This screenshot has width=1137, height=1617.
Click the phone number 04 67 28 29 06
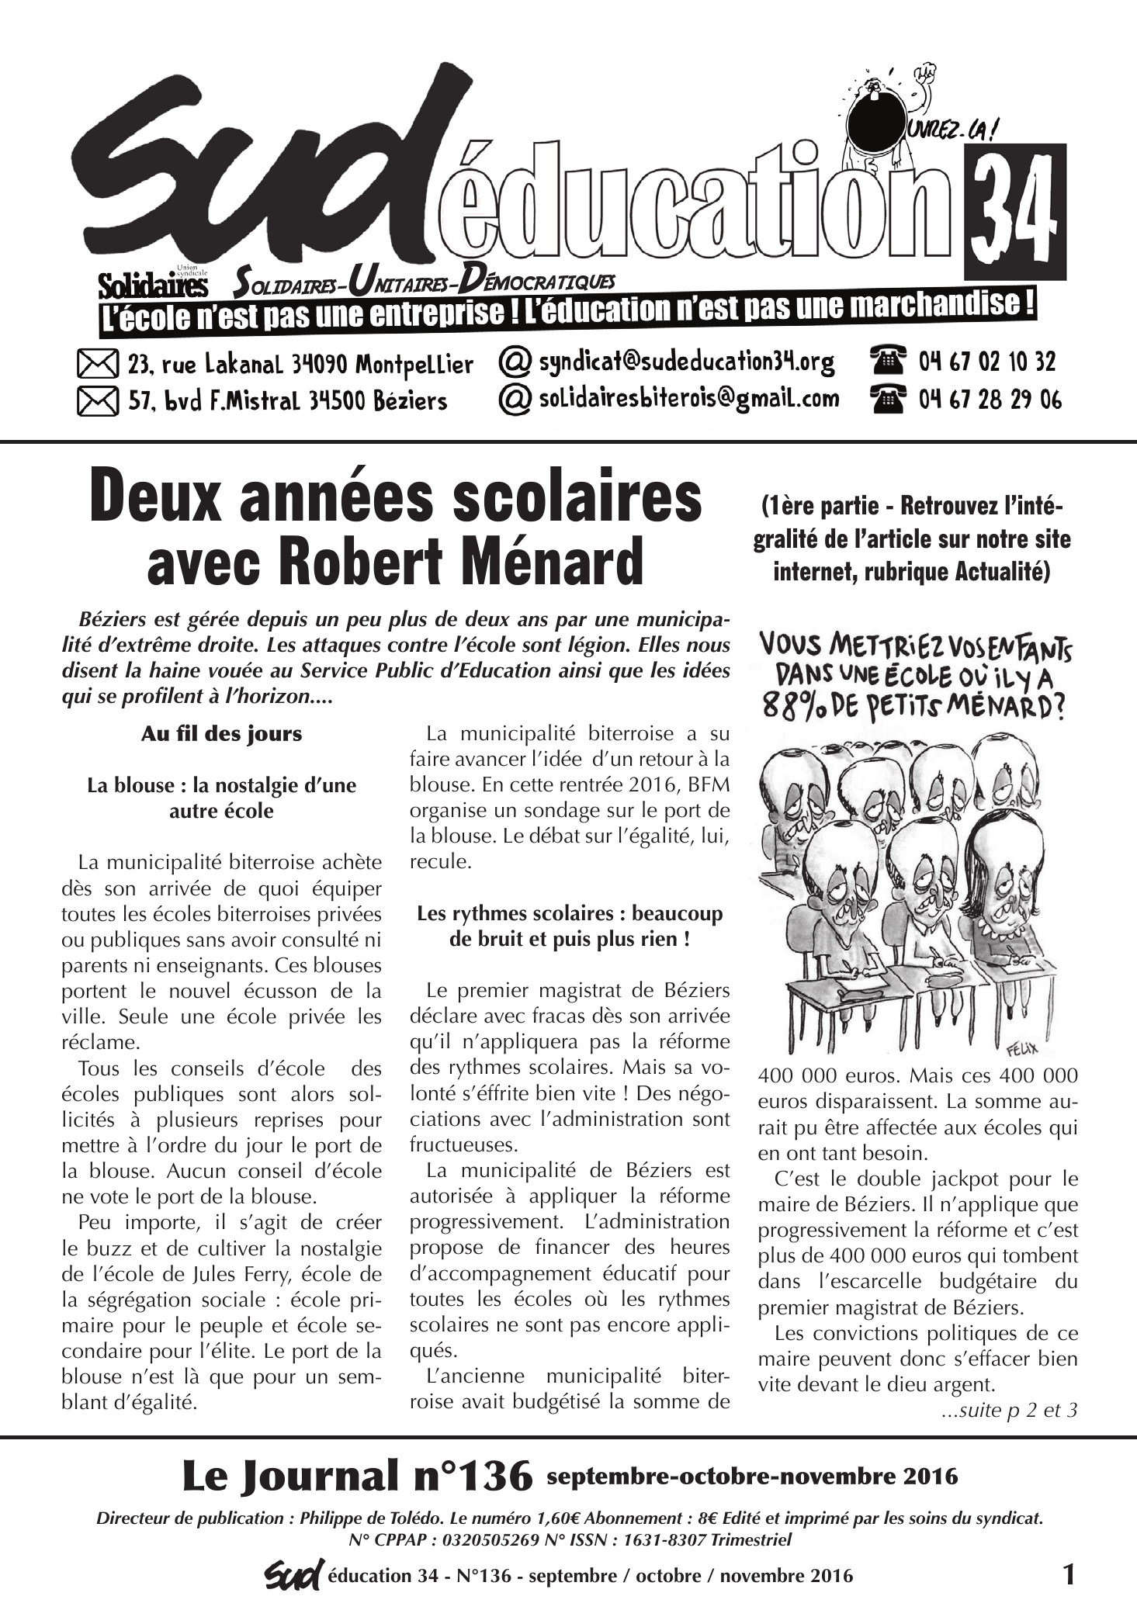(x=990, y=400)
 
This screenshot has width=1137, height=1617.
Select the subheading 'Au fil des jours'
(x=221, y=734)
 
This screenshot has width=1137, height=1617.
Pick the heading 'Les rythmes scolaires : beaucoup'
(x=570, y=913)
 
